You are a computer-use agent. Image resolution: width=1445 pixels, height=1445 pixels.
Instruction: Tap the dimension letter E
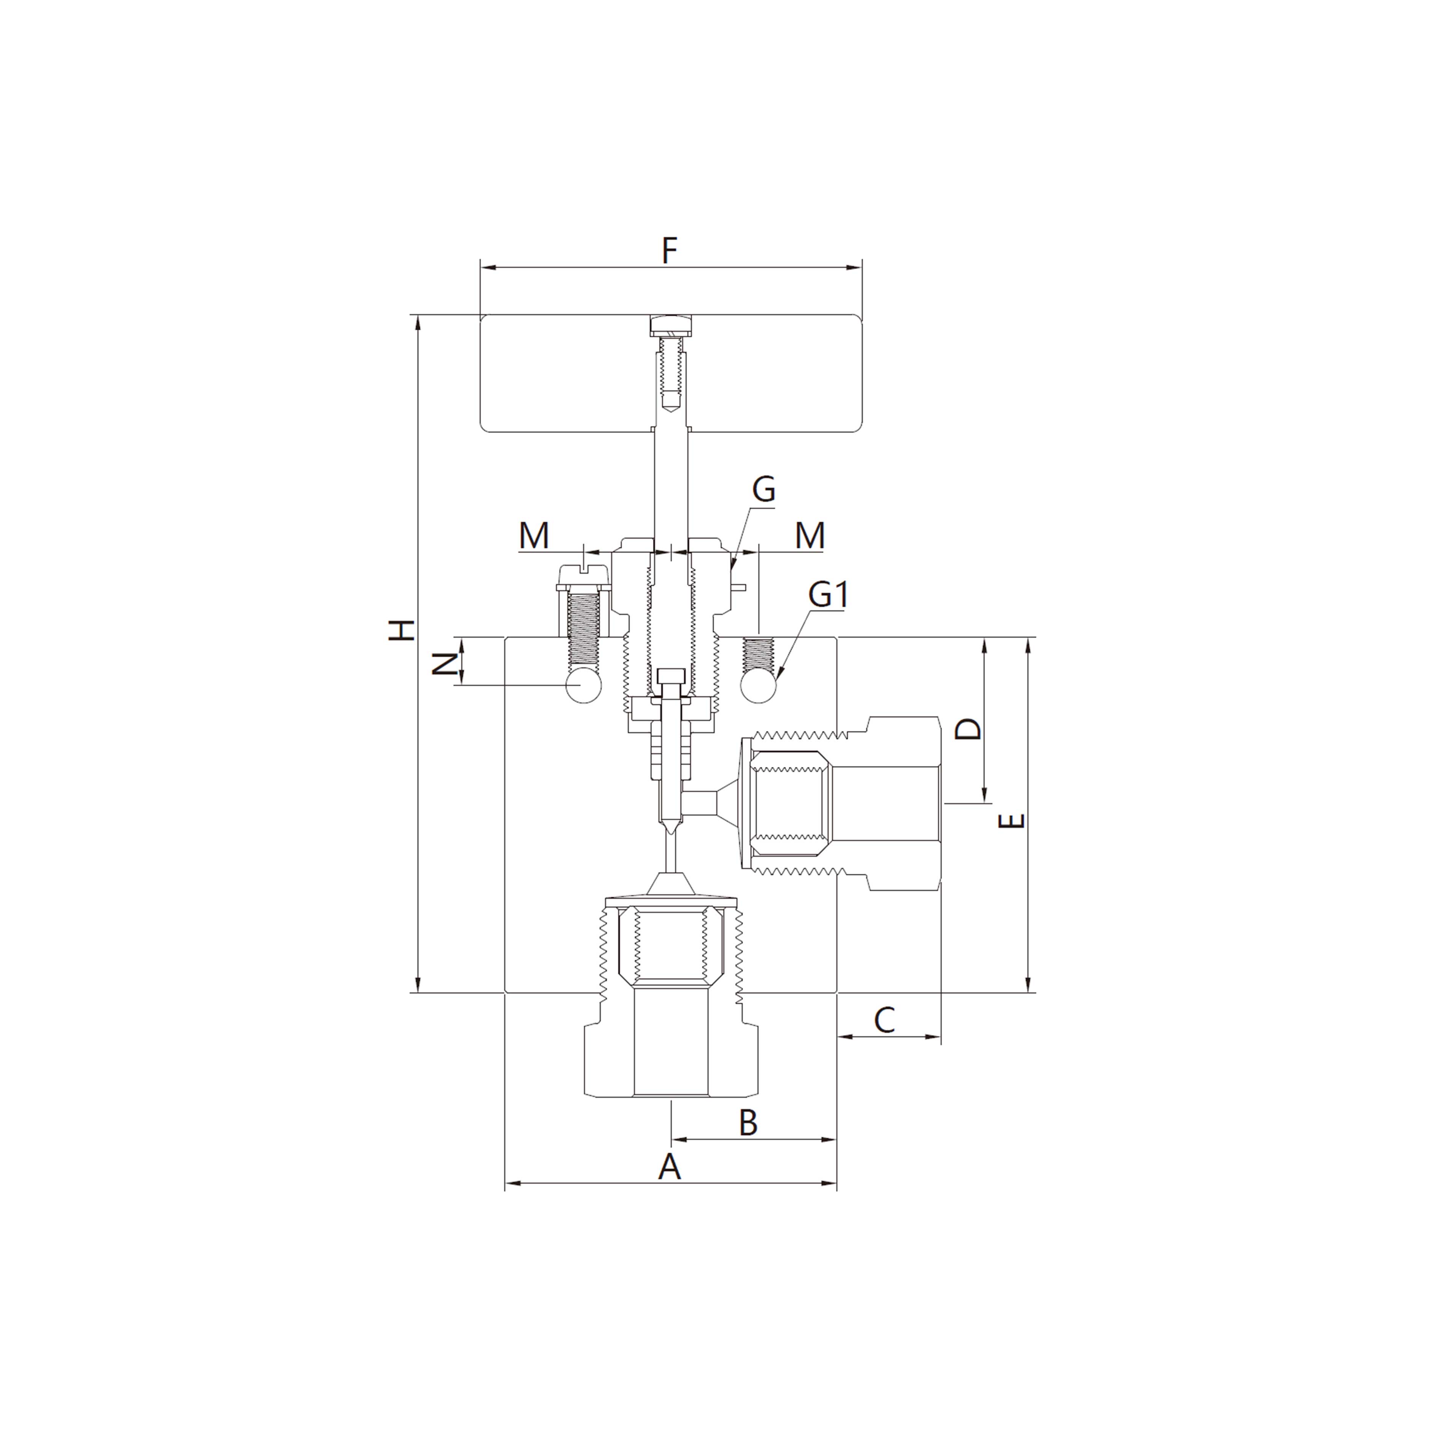tap(1011, 821)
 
